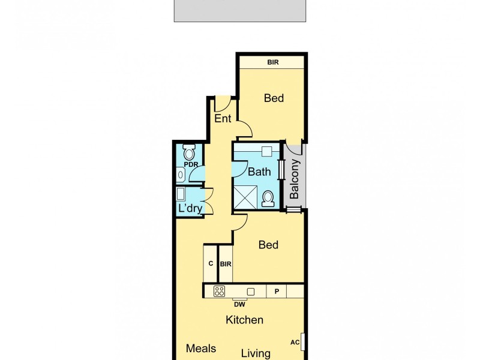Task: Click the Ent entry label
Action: (x=223, y=119)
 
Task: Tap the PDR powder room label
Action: (x=191, y=164)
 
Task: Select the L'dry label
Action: (x=190, y=208)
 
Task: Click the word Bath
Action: (x=259, y=172)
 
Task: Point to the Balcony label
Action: (x=295, y=179)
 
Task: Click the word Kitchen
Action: (x=244, y=320)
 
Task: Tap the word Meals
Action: (x=200, y=349)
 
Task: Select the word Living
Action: (x=256, y=353)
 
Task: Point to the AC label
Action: (x=295, y=343)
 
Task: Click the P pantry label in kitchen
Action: (x=277, y=292)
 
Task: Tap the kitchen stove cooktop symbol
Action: (x=219, y=292)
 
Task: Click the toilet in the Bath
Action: (x=269, y=197)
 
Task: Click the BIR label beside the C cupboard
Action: (x=226, y=263)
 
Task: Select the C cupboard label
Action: (x=211, y=263)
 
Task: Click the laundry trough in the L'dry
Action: (x=181, y=194)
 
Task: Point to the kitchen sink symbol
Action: (x=251, y=292)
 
